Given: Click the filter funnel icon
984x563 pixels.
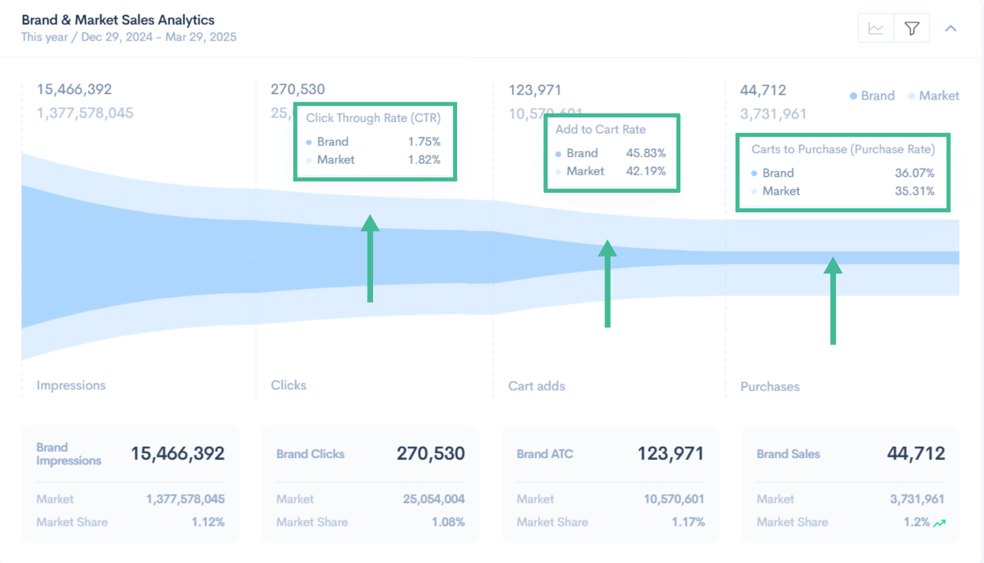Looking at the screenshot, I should click(911, 28).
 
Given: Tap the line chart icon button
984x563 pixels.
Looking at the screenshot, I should click(876, 28).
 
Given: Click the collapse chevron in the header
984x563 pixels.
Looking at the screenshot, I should click(951, 28).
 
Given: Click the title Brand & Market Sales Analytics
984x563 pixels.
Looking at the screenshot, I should click(118, 20).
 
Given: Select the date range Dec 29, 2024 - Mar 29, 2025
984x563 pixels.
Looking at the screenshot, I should click(158, 37).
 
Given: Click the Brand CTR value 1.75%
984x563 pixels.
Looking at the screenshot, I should click(424, 141).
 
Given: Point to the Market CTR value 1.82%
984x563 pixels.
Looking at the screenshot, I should click(424, 159).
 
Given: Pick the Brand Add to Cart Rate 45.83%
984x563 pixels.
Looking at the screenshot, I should click(645, 153).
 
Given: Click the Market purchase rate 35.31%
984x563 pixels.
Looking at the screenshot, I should click(914, 191).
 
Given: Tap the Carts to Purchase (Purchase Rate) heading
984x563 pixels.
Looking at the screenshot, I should click(843, 149).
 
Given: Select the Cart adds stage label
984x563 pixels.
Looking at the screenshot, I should click(536, 386).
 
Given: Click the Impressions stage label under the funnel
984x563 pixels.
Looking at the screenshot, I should click(71, 385).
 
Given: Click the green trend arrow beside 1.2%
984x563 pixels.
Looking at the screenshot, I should click(939, 523).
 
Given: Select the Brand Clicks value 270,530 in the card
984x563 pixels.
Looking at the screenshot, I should click(430, 453).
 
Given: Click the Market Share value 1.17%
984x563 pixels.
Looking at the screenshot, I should click(687, 522).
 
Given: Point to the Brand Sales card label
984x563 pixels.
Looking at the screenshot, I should click(788, 454).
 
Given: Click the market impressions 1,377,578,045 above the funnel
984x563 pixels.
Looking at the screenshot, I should click(85, 113).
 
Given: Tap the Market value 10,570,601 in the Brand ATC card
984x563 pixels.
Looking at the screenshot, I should click(673, 499).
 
